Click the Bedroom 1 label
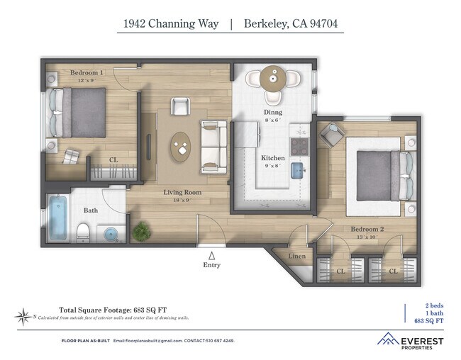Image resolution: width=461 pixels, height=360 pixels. click(87, 73)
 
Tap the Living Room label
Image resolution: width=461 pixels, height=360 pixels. click(183, 192)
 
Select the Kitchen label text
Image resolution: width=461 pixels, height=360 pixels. click(273, 158)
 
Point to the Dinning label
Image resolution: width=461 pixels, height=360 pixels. click(272, 112)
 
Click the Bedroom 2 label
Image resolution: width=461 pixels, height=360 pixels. click(367, 229)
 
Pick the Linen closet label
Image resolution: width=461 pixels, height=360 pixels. click(297, 256)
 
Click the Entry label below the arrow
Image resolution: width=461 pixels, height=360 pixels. click(211, 265)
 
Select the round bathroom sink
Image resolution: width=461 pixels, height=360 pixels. click(110, 233)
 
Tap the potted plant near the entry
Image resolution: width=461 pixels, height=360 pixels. click(143, 230)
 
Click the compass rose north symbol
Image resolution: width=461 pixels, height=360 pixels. click(25, 315)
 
